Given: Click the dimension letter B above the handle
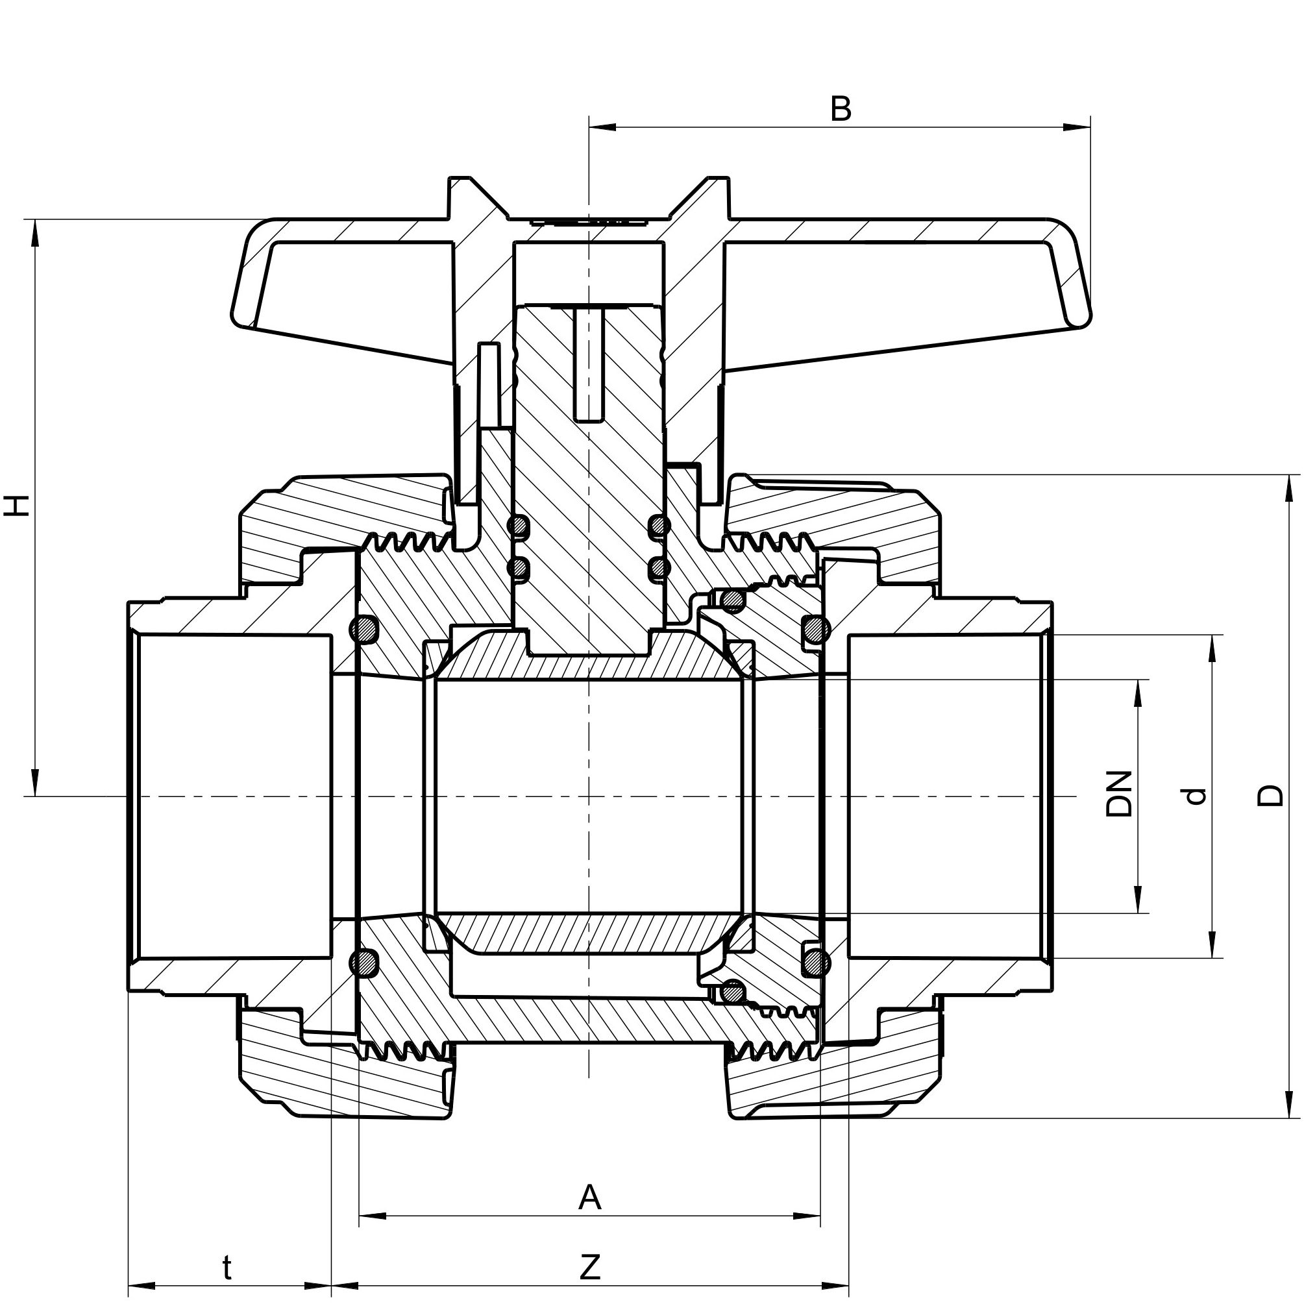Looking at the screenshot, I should pyautogui.click(x=841, y=109).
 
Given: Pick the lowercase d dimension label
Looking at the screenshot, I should pyautogui.click(x=1195, y=796).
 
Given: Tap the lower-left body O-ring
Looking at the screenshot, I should pyautogui.click(x=365, y=961).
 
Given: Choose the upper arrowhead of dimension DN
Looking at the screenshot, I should pyautogui.click(x=1138, y=693).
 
